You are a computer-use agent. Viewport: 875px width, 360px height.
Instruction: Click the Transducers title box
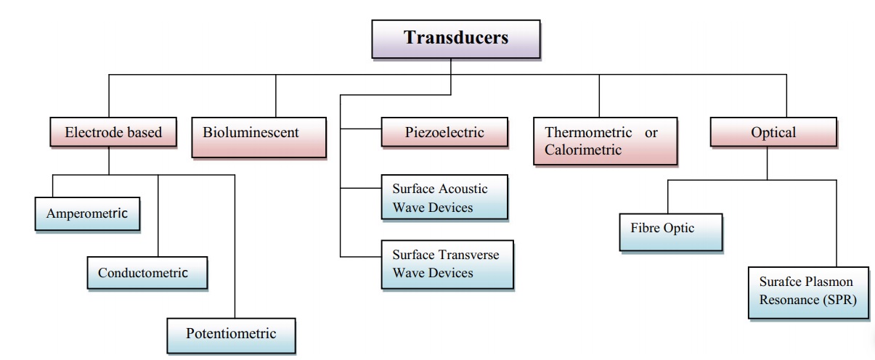click(456, 38)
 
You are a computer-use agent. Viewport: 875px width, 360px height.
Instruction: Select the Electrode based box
click(108, 133)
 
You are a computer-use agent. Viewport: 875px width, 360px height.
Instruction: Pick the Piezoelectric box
click(443, 133)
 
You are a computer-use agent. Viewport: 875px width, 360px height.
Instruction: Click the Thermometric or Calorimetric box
click(605, 141)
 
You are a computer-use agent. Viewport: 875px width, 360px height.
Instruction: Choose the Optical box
click(773, 133)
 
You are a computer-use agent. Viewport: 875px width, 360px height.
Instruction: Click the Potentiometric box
click(231, 335)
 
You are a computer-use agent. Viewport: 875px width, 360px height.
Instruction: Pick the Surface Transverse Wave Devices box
click(446, 264)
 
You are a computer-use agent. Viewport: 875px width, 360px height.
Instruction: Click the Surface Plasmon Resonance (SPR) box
click(807, 291)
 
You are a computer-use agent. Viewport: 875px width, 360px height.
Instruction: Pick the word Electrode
click(90, 133)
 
